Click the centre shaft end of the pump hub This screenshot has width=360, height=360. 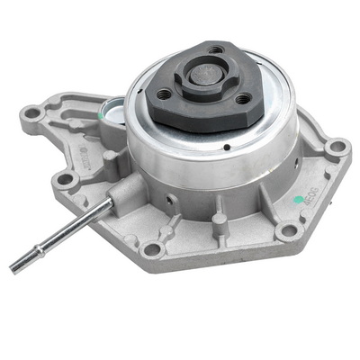pyautogui.click(x=204, y=78)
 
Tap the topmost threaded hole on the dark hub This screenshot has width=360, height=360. pyautogui.click(x=216, y=50)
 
